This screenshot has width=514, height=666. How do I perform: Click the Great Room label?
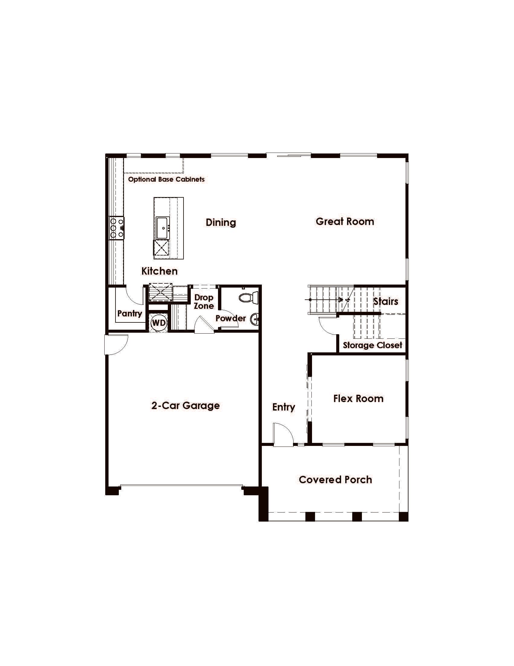pyautogui.click(x=345, y=221)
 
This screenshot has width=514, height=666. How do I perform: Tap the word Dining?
pyautogui.click(x=221, y=222)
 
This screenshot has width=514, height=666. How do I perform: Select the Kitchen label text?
pyautogui.click(x=160, y=271)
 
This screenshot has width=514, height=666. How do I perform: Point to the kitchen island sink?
pyautogui.click(x=163, y=228)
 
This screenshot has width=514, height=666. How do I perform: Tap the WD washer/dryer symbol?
pyautogui.click(x=159, y=323)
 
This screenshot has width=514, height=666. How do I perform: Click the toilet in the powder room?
pyautogui.click(x=249, y=297)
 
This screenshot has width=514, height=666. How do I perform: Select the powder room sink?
pyautogui.click(x=255, y=320)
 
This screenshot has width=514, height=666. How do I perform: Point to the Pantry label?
pyautogui.click(x=130, y=314)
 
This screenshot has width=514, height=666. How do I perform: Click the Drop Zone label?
pyautogui.click(x=204, y=302)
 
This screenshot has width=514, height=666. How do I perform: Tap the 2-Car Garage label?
pyautogui.click(x=185, y=405)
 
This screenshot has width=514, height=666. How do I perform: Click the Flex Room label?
pyautogui.click(x=358, y=398)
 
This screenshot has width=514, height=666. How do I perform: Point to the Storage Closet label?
pyautogui.click(x=372, y=345)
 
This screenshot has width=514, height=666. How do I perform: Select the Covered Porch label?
pyautogui.click(x=335, y=480)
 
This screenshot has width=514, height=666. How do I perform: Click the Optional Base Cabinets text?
pyautogui.click(x=166, y=179)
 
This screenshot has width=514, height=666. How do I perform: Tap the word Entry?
pyautogui.click(x=284, y=407)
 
